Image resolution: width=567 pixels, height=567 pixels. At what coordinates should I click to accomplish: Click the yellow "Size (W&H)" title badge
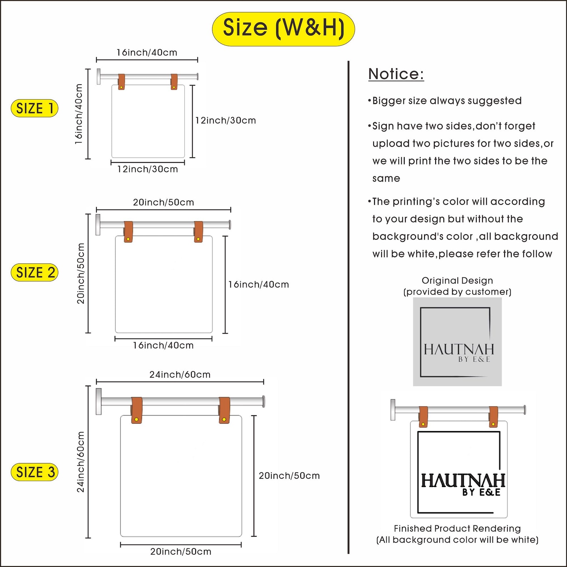[x=283, y=29]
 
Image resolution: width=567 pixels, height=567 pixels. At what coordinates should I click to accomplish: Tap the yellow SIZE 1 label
[x=35, y=108]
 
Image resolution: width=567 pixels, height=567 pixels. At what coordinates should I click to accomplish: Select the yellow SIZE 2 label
[x=35, y=272]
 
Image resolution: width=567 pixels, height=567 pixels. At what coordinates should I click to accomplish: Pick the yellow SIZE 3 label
[x=35, y=472]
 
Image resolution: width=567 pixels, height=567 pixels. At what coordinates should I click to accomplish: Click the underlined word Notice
[x=396, y=74]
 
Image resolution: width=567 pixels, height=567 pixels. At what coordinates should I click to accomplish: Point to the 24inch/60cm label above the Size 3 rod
[x=180, y=375]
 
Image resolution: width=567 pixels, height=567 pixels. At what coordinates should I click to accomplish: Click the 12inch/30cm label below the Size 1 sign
[x=147, y=169]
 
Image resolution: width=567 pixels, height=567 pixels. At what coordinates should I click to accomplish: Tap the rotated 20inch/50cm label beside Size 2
[x=81, y=274]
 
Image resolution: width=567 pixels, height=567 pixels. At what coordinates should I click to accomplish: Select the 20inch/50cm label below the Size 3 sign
[x=181, y=552]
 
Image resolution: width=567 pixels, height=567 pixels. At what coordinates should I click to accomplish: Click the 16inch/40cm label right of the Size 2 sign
[x=259, y=285]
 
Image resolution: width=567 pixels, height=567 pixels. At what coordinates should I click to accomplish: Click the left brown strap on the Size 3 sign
[x=137, y=410]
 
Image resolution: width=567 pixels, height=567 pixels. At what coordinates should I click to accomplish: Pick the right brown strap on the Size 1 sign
[x=174, y=82]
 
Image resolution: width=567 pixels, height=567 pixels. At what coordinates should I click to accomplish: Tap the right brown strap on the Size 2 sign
[x=199, y=232]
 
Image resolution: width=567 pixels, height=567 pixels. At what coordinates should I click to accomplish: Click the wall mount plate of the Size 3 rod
[x=99, y=401]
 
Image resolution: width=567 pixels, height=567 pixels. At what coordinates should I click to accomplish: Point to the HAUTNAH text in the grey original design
[x=459, y=349]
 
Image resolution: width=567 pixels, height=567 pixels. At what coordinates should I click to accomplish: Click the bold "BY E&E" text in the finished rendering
[x=481, y=492]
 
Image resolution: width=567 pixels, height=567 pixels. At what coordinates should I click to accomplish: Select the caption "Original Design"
[x=457, y=281]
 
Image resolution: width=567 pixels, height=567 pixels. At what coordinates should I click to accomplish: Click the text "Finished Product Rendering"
[x=457, y=528]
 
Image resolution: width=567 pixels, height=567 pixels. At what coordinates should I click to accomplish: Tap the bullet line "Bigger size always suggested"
[x=445, y=101]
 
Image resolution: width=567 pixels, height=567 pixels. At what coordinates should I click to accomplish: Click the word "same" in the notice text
[x=386, y=179]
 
